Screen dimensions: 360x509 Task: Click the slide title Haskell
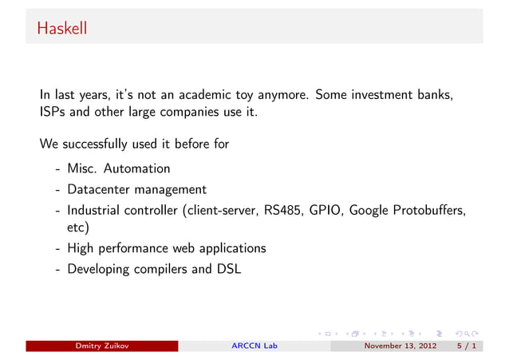[x=61, y=30]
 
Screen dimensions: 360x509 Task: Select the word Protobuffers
[x=429, y=210]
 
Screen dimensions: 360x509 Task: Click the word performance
[x=136, y=248]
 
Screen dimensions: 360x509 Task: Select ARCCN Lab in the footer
[x=254, y=346]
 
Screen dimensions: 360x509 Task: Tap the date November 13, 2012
[x=399, y=346]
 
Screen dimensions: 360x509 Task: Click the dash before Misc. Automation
[x=58, y=169]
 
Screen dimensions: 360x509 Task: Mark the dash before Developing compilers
[x=58, y=269]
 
